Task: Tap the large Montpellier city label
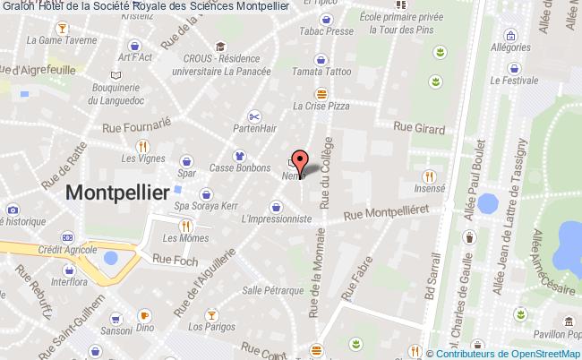click(117, 193)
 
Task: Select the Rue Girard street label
click(417, 128)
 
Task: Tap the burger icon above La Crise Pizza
click(320, 93)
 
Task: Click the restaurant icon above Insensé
click(430, 176)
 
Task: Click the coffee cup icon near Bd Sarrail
click(468, 238)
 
